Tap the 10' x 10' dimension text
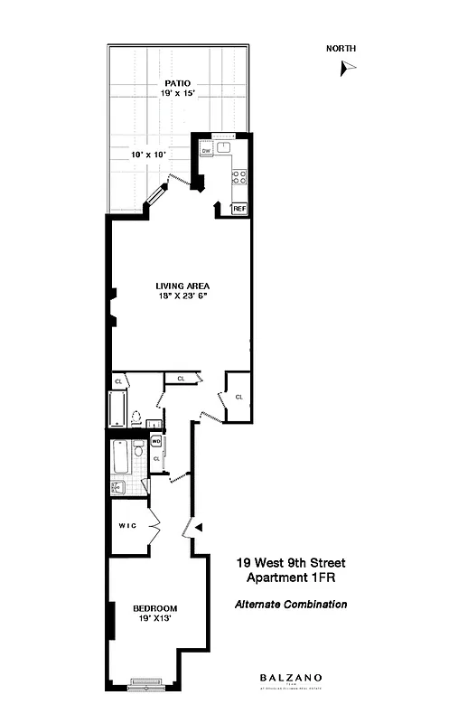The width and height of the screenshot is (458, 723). [x=148, y=155]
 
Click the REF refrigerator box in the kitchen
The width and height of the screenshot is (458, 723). [x=238, y=209]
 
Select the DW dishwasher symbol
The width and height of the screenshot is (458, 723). [x=206, y=151]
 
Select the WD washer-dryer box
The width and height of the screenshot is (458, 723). [x=156, y=442]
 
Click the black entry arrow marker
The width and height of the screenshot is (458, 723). [x=200, y=526]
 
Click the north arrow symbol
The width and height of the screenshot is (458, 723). [x=348, y=67]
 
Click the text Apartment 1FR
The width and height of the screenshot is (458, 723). [x=290, y=577]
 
